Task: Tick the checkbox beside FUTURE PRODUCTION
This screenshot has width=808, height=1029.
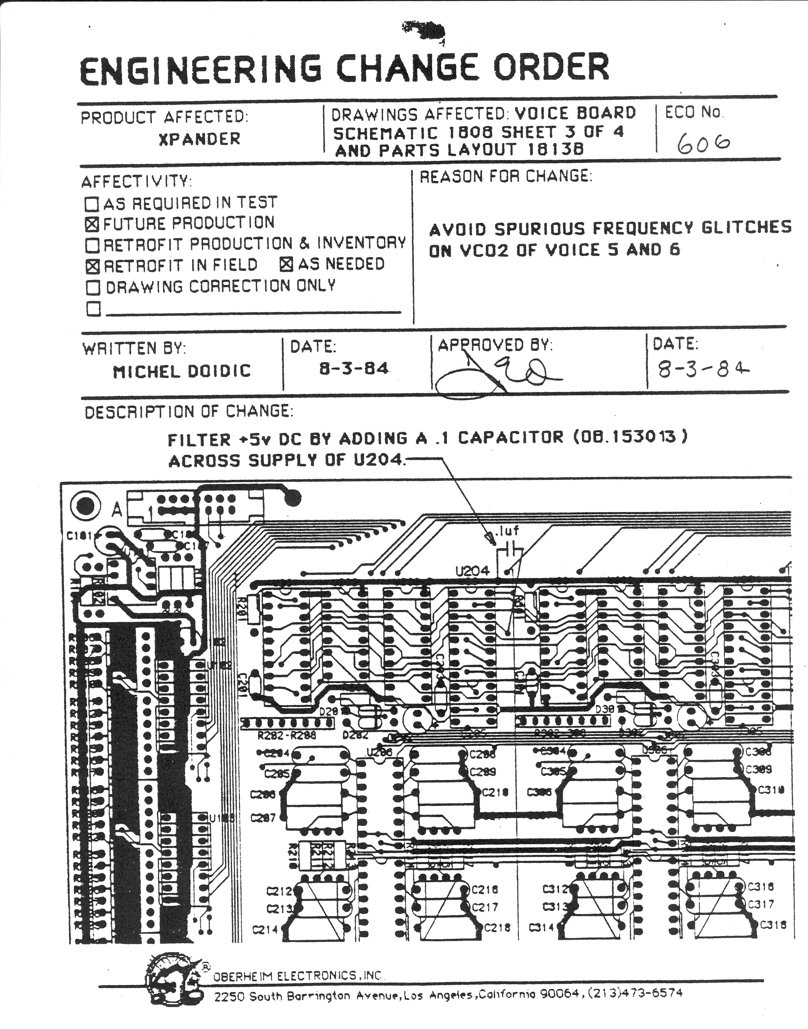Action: click(x=92, y=224)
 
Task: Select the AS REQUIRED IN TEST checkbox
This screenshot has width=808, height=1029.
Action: click(x=92, y=204)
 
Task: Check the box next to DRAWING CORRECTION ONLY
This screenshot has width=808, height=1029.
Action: click(x=93, y=287)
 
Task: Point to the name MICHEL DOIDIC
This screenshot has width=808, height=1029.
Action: click(x=182, y=371)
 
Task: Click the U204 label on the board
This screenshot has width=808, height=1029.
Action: click(x=472, y=571)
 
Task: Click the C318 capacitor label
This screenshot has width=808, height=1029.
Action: click(x=773, y=925)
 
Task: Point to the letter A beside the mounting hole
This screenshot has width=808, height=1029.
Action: click(x=117, y=510)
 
